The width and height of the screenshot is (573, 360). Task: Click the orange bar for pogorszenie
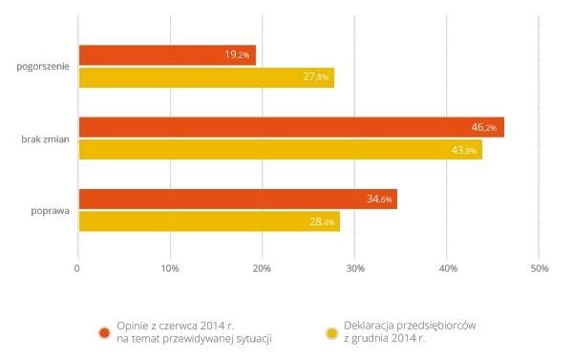click(x=167, y=55)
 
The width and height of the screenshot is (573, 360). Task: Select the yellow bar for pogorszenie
click(x=206, y=77)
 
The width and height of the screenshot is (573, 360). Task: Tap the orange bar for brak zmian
click(x=291, y=127)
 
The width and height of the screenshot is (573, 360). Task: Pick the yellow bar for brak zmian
click(x=281, y=150)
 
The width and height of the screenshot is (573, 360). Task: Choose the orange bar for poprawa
click(x=238, y=200)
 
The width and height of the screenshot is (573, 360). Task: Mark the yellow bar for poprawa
click(x=209, y=222)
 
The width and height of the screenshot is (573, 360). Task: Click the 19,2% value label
click(x=237, y=54)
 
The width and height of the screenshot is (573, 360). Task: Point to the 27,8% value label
click(x=316, y=76)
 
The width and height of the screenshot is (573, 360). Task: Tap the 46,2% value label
click(x=484, y=127)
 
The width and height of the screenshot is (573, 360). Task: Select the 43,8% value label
click(x=464, y=150)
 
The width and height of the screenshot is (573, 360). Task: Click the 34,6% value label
click(x=379, y=200)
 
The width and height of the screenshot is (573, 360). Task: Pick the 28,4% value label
click(x=322, y=222)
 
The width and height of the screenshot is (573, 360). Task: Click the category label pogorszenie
click(x=43, y=67)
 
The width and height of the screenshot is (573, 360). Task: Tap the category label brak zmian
click(x=45, y=139)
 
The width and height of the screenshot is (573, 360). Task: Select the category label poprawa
click(x=50, y=211)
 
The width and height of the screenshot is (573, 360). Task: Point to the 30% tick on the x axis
click(x=355, y=268)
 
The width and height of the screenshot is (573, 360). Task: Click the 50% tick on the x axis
click(x=540, y=268)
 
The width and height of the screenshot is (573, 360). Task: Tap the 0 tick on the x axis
click(x=76, y=268)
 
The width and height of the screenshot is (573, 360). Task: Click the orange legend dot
click(x=104, y=333)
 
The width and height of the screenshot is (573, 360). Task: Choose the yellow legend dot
click(x=331, y=333)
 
